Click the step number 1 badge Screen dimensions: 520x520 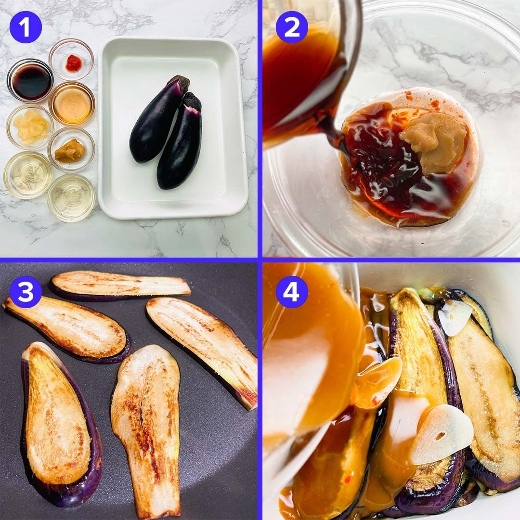pos(26,27)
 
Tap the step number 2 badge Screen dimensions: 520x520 pos(292,27)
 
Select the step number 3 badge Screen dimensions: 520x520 pos(26,292)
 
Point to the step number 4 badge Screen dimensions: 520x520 pos(292,292)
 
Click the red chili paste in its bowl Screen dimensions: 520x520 pos(73,63)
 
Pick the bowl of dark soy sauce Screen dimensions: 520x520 pos(30,80)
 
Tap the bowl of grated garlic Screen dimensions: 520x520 pos(30,127)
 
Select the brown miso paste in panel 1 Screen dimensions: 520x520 pos(70,150)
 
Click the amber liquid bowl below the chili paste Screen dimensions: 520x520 pos(72,104)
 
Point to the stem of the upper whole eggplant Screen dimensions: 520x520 pos(179,82)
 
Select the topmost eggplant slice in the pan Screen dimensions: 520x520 pos(120,285)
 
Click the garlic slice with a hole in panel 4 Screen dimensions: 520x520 pos(441,434)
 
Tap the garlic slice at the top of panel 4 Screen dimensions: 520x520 pos(459,317)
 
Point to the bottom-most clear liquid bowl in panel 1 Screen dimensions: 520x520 pos(71,198)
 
